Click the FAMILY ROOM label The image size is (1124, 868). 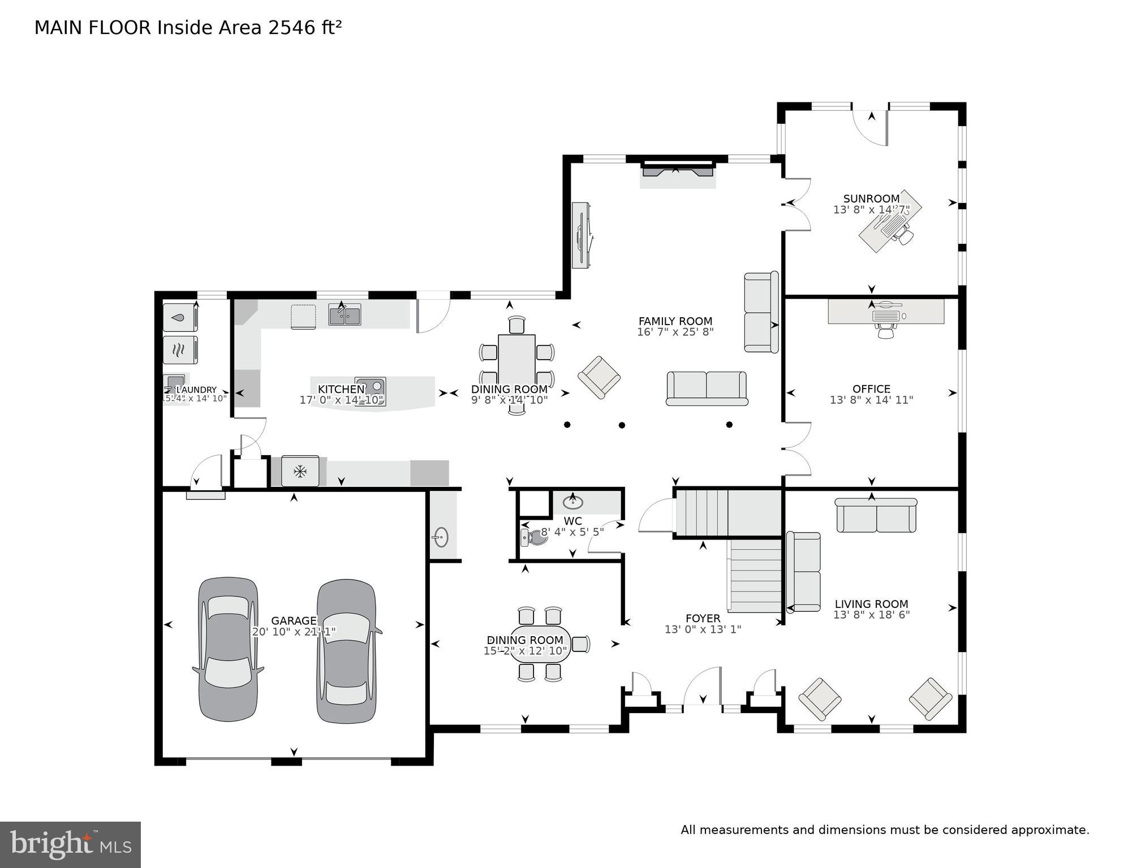[675, 321]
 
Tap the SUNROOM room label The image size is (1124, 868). [871, 198]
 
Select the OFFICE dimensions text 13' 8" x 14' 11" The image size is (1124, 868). [871, 400]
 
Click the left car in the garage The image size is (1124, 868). [228, 649]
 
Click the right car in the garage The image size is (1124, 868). [346, 650]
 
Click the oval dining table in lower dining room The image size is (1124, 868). [540, 644]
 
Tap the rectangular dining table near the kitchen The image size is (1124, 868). [516, 362]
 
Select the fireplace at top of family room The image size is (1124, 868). [678, 171]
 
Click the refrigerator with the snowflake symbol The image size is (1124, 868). [300, 471]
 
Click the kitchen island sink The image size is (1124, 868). [371, 386]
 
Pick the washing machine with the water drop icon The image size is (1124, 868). [180, 318]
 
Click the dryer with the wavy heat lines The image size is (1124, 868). [180, 350]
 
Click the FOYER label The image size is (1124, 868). [703, 618]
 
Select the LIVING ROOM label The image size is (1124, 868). [871, 604]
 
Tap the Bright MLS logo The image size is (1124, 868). [70, 844]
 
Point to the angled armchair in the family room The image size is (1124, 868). [598, 377]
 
